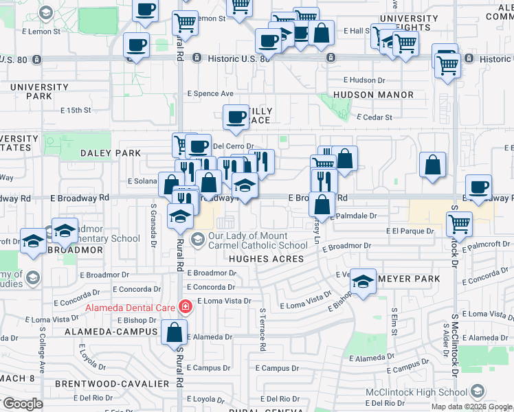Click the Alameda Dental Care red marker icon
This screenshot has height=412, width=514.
[x=184, y=307]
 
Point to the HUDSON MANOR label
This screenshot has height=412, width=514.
[x=373, y=95]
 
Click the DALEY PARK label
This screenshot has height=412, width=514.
[x=105, y=153]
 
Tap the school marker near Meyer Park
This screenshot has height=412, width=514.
[x=363, y=280]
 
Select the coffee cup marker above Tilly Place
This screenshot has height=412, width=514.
[x=236, y=116]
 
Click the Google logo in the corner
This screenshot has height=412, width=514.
[x=23, y=403]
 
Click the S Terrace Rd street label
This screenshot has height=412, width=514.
[x=262, y=329]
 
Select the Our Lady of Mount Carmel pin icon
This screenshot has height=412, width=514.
[x=198, y=238]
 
